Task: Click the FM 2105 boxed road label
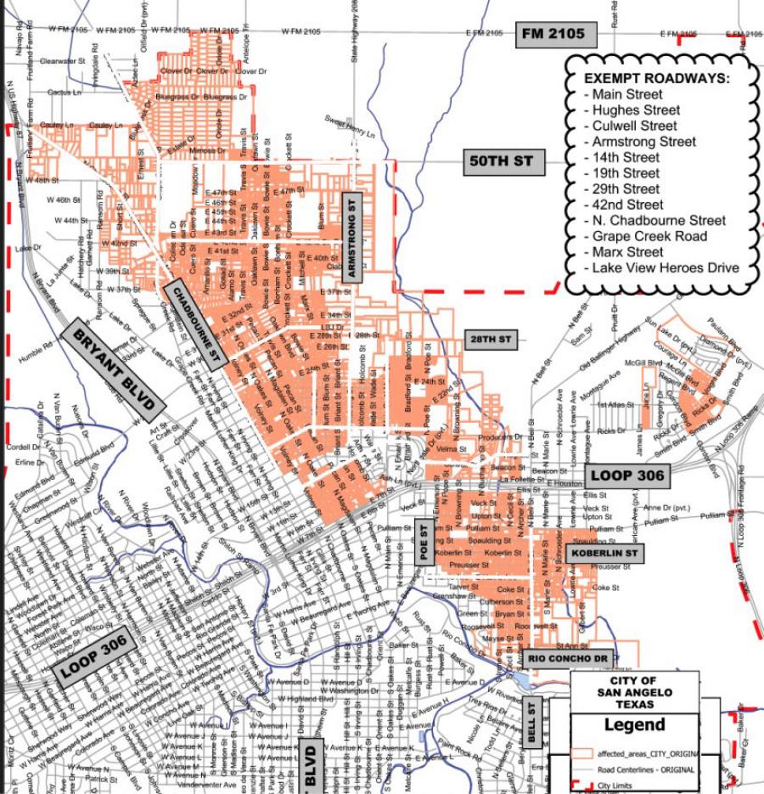(553, 34)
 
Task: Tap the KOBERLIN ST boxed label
(605, 554)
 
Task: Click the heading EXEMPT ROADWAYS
(656, 78)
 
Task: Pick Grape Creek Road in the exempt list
(649, 236)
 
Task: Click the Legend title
(634, 725)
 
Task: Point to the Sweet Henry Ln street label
(350, 126)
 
